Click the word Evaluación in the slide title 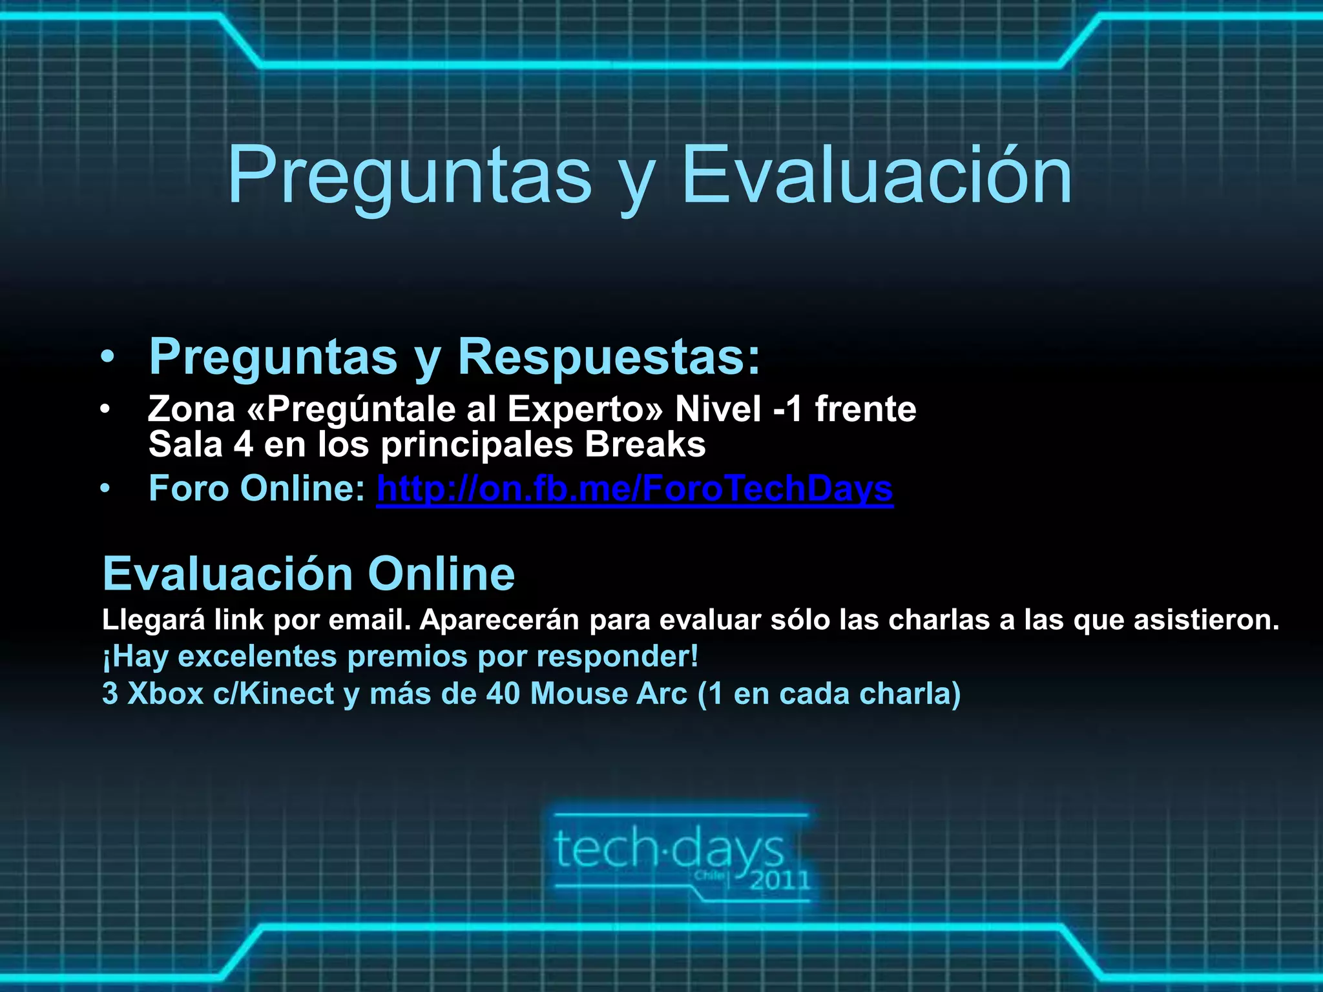pyautogui.click(x=877, y=176)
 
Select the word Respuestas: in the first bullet pyautogui.click(x=609, y=356)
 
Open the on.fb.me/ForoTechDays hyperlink pyautogui.click(x=634, y=489)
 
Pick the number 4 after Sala pyautogui.click(x=243, y=445)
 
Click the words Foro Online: pyautogui.click(x=257, y=489)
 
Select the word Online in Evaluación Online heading pyautogui.click(x=441, y=573)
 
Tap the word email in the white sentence pyautogui.click(x=370, y=620)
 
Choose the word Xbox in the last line pyautogui.click(x=165, y=694)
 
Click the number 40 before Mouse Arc pyautogui.click(x=503, y=694)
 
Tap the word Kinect pyautogui.click(x=286, y=694)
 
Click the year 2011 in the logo pyautogui.click(x=780, y=880)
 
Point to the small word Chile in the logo pyautogui.click(x=709, y=876)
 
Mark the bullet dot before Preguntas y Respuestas pyautogui.click(x=107, y=357)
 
